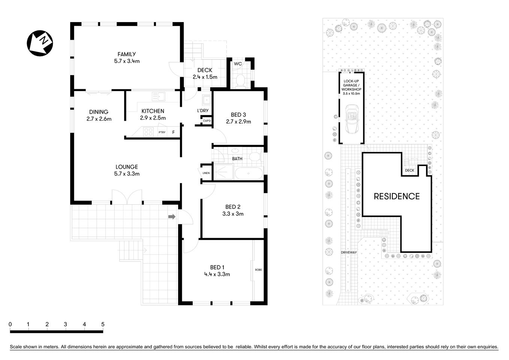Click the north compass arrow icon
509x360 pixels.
click(x=40, y=43)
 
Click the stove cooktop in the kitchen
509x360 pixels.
click(x=148, y=132)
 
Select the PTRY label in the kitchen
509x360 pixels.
click(x=162, y=132)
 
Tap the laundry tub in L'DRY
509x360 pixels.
click(x=206, y=100)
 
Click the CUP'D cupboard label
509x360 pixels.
click(x=207, y=121)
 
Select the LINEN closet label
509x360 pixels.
click(x=206, y=173)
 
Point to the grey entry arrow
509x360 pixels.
click(x=172, y=217)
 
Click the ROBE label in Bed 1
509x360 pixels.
click(x=258, y=270)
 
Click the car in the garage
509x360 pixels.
click(x=351, y=119)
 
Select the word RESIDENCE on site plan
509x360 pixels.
click(x=397, y=196)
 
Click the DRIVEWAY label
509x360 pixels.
click(x=349, y=252)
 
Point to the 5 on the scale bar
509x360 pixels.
click(x=103, y=324)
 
